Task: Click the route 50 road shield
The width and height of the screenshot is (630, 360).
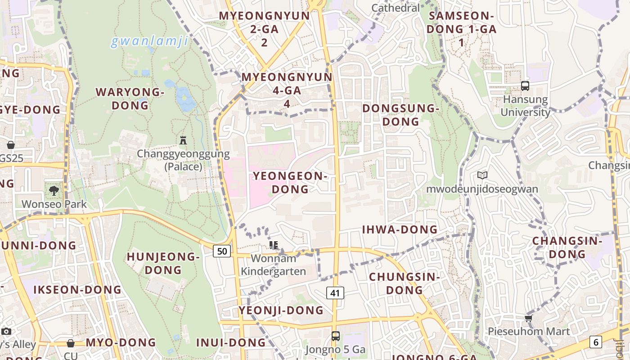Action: coord(222,251)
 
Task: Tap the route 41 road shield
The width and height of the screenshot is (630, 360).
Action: coord(335,293)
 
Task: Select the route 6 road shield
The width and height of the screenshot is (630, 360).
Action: coord(596,342)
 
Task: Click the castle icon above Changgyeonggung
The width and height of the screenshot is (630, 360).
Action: coord(183,140)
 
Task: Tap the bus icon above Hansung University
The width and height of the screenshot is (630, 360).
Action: coord(525,85)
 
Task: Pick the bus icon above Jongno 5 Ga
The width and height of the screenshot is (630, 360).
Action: coord(335,336)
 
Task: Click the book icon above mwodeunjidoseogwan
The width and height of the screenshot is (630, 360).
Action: coord(482,175)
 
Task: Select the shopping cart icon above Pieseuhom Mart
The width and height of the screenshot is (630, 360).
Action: coord(528,319)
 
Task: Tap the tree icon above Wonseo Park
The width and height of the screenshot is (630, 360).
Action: coord(54,191)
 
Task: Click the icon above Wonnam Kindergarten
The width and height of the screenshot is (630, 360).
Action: coord(274,245)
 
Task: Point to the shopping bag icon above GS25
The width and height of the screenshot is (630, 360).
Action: coord(11,145)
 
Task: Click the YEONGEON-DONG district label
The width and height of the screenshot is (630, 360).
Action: coord(290,182)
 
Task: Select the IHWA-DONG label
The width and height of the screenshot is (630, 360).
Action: coord(400,229)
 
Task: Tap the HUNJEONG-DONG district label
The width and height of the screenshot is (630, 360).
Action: coord(163,263)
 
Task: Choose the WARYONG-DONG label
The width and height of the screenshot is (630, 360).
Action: coord(130,99)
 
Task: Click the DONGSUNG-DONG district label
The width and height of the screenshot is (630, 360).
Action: coord(400,115)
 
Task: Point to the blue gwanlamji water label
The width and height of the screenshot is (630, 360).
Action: coord(149,41)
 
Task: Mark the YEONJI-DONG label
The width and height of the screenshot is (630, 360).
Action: coord(281,310)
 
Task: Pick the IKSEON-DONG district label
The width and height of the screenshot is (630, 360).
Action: coord(77,289)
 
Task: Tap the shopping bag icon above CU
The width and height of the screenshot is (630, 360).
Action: coord(71,343)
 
